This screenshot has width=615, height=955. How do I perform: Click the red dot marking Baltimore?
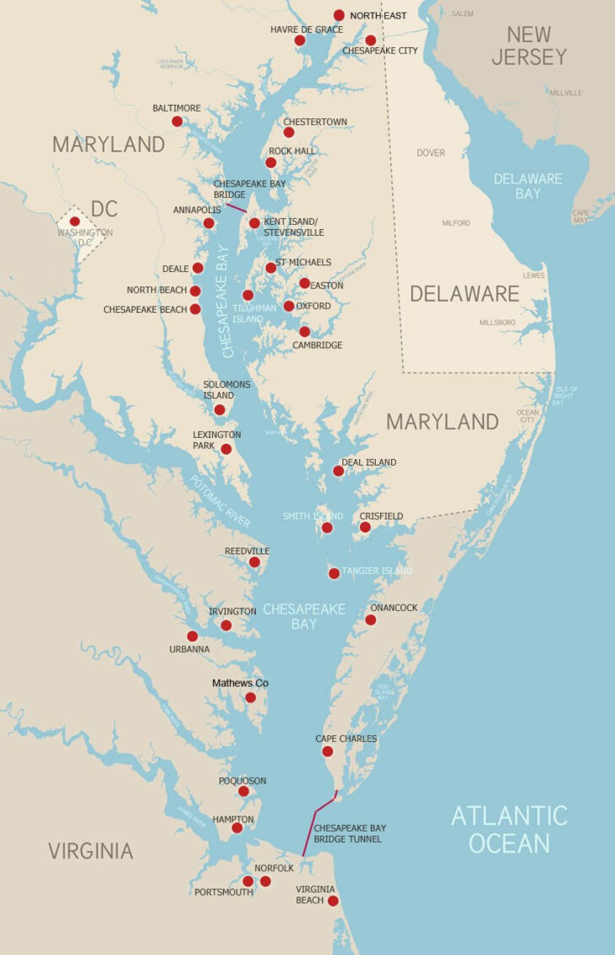(x=177, y=122)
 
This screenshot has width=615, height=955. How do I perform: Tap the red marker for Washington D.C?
(x=75, y=221)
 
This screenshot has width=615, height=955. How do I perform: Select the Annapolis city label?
(x=197, y=210)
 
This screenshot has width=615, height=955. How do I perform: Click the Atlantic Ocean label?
(x=509, y=829)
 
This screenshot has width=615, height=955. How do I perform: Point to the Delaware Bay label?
(x=527, y=186)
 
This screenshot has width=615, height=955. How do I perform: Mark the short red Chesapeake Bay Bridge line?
(x=236, y=206)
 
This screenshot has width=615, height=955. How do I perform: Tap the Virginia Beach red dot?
(x=333, y=901)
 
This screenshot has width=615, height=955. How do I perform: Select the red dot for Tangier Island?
(x=334, y=573)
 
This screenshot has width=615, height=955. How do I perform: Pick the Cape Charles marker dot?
(x=328, y=751)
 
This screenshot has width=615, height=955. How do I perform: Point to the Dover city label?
(x=430, y=153)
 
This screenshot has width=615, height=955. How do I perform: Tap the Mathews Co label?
(x=240, y=683)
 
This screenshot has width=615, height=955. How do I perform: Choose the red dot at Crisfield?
(x=365, y=527)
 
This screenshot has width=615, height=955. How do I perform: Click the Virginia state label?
(x=90, y=850)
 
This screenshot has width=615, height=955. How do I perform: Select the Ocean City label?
(x=526, y=416)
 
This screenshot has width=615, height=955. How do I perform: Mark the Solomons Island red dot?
(x=220, y=410)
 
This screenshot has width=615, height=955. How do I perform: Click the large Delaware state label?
(x=464, y=293)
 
